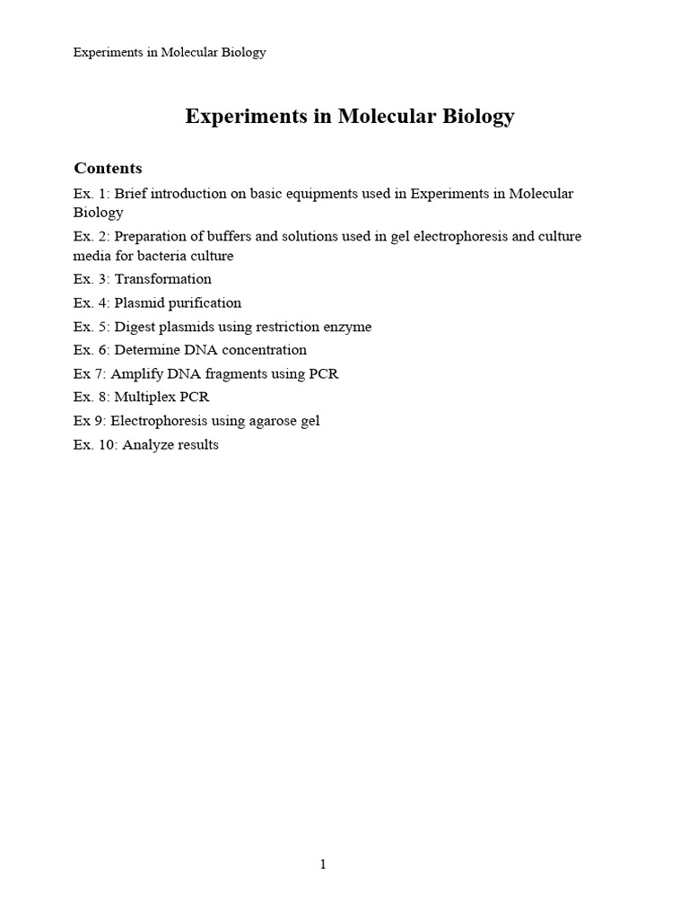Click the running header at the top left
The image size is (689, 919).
(170, 52)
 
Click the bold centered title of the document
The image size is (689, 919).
(350, 116)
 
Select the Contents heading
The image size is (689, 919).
(108, 168)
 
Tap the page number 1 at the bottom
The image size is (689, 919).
(324, 864)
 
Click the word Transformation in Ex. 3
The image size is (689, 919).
(162, 279)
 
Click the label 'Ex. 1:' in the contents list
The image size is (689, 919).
(92, 194)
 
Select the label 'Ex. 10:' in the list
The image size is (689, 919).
(95, 444)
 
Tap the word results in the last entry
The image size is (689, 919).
(197, 444)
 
